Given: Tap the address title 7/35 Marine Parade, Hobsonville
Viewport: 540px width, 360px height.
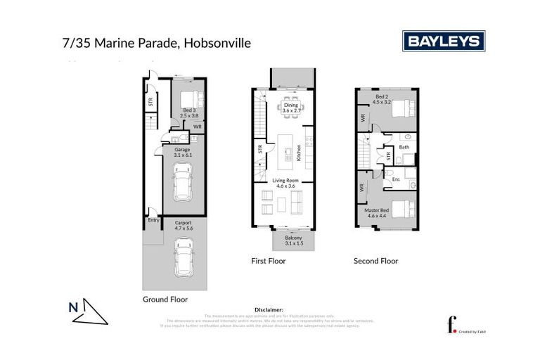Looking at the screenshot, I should coord(157,43).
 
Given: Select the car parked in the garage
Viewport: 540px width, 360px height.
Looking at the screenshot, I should coord(182,181).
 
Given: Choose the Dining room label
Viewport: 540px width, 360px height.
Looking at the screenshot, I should coord(290,108).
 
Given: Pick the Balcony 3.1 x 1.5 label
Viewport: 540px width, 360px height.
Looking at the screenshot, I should coord(293,241).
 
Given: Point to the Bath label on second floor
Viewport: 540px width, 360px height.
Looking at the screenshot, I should coord(404,147).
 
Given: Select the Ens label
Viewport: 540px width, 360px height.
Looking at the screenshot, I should coord(397,179).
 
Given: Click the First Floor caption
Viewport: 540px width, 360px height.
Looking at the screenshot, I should coord(269,261).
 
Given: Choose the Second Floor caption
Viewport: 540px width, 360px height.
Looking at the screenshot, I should coord(375,261).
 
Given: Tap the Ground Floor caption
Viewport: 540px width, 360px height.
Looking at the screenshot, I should coord(165,299).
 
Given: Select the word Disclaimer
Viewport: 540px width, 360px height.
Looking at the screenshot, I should coord(269,309).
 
